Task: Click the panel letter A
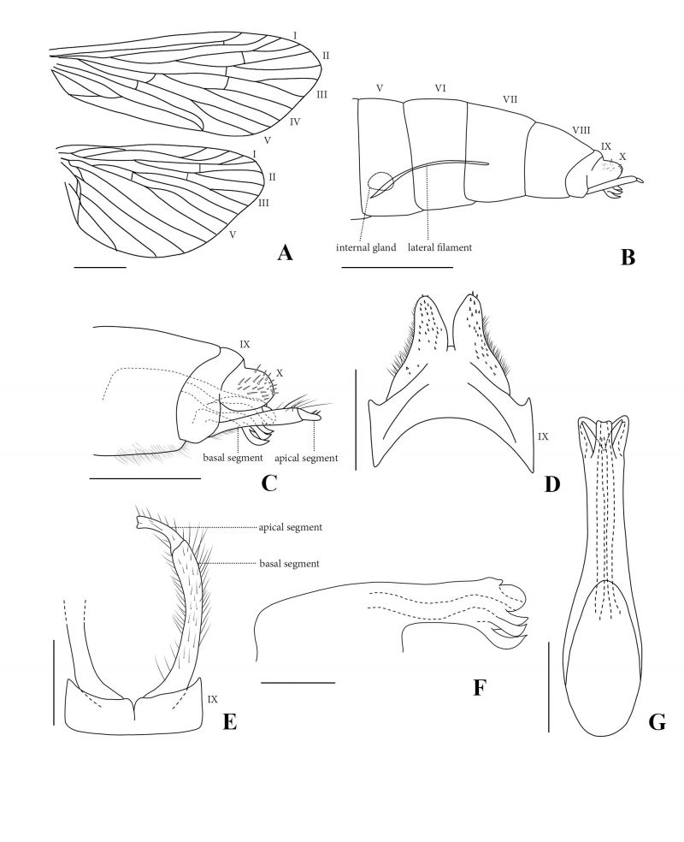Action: click(285, 252)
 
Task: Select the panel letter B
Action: click(628, 258)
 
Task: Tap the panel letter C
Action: click(268, 483)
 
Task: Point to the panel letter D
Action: click(552, 484)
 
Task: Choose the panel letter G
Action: click(657, 722)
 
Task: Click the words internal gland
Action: click(366, 247)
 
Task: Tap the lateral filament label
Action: click(440, 247)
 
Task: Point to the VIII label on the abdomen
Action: click(581, 130)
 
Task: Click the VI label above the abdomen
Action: click(440, 88)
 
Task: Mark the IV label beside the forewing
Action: click(294, 122)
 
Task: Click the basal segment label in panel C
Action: click(233, 458)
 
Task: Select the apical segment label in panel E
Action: click(290, 527)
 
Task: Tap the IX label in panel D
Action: click(543, 436)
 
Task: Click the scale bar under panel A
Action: click(100, 266)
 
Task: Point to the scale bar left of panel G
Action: click(548, 685)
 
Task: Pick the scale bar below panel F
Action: click(298, 683)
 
